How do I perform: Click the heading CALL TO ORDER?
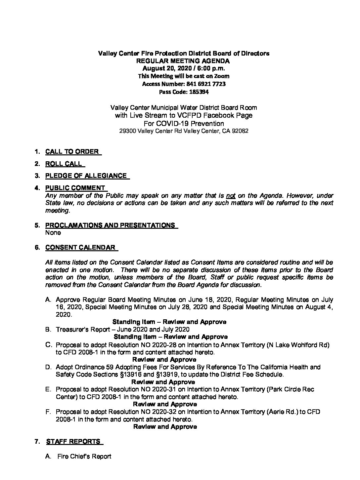click(x=72, y=152)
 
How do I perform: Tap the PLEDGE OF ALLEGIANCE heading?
click(x=86, y=176)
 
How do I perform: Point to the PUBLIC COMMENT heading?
click(x=75, y=188)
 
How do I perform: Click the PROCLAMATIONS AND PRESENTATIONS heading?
click(x=110, y=225)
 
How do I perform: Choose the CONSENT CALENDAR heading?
click(x=80, y=247)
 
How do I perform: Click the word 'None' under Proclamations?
click(x=53, y=233)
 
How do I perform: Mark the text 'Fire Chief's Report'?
click(x=84, y=457)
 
